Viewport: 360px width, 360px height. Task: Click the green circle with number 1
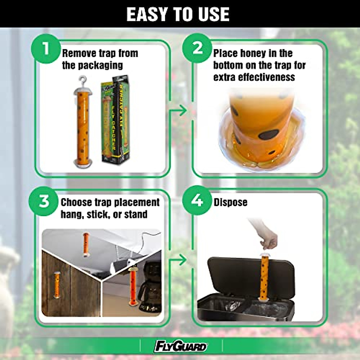[46, 49]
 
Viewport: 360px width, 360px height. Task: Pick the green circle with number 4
[197, 200]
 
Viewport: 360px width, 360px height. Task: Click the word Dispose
[230, 202]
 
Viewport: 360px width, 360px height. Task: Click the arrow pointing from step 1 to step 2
[180, 111]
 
